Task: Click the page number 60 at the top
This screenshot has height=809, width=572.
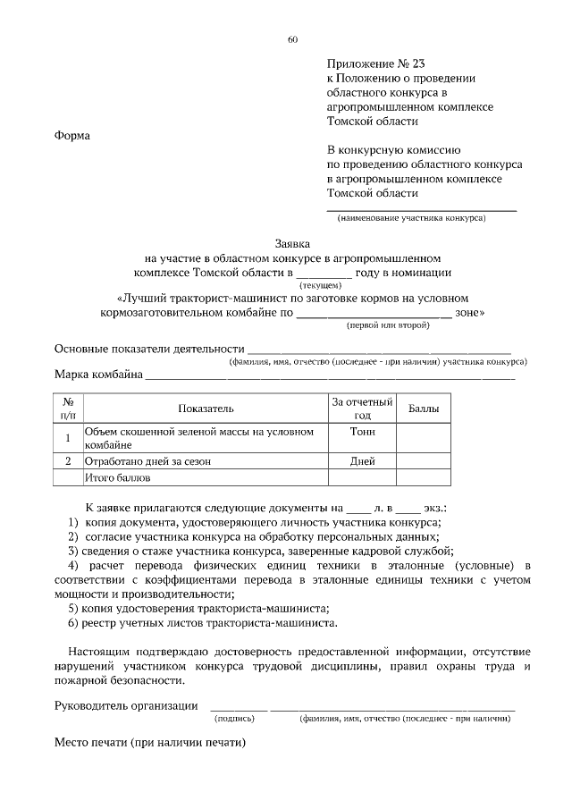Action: [292, 38]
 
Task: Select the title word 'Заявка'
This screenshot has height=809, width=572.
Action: [292, 243]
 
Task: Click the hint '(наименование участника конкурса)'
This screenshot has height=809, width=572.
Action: [410, 218]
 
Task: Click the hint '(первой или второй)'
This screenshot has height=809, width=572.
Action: [388, 326]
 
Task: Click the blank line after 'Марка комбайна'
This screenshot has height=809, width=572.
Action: [330, 378]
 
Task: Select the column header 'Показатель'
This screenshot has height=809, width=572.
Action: [206, 408]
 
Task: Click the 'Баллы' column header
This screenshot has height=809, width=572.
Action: [424, 408]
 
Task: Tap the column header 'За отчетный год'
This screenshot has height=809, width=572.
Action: [362, 409]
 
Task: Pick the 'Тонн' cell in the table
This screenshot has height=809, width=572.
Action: [362, 432]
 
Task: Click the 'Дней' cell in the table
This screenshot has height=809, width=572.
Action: [362, 462]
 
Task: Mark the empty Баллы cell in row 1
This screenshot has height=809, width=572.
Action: [424, 437]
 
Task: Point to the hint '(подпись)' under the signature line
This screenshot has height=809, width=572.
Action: [235, 718]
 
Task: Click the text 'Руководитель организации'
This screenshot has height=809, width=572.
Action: [126, 705]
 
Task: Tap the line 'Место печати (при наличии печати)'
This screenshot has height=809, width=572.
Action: [149, 743]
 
